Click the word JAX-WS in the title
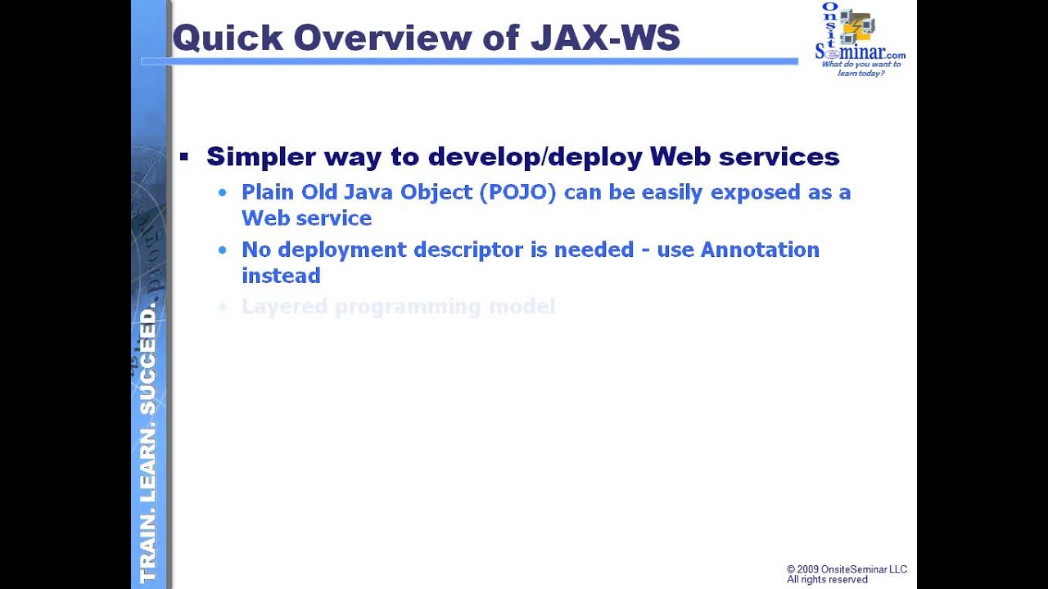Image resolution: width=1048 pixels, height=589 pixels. [605, 38]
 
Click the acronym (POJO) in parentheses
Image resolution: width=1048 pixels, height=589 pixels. [518, 192]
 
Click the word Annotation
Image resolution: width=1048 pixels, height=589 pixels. [760, 250]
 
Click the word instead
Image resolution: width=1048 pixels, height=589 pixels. [281, 276]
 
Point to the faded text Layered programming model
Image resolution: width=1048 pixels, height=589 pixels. [398, 307]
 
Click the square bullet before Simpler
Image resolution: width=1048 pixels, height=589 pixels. [184, 156]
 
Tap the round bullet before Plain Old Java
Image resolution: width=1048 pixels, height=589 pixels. [223, 193]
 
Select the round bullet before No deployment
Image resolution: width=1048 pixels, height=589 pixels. [223, 250]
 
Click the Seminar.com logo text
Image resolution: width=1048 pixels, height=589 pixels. [860, 52]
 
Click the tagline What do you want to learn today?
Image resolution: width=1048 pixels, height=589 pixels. [861, 69]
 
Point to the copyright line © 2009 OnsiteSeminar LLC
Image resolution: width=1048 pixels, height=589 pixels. [847, 569]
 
